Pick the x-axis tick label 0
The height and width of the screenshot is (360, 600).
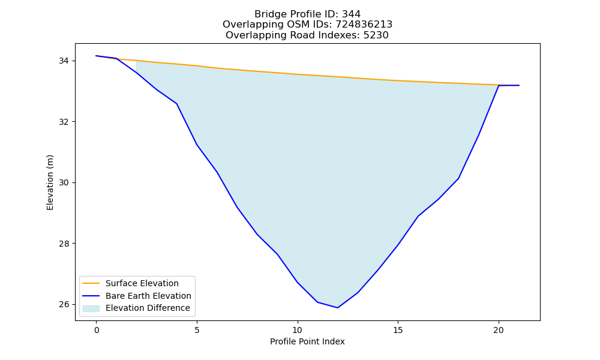pos(97,330)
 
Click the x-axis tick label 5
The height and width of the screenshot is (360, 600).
pos(197,330)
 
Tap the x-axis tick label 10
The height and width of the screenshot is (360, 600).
pos(298,330)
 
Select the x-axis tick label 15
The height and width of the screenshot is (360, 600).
pos(398,330)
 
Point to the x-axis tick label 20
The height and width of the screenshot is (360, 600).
pos(498,330)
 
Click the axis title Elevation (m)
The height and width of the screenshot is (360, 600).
pos(50,182)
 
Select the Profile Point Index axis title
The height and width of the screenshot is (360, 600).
pos(307,341)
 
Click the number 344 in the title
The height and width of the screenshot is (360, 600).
pos(351,14)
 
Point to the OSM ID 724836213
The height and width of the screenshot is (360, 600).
pos(364,25)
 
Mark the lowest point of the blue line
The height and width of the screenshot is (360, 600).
pos(337,308)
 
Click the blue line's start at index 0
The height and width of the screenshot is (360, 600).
pos(96,56)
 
